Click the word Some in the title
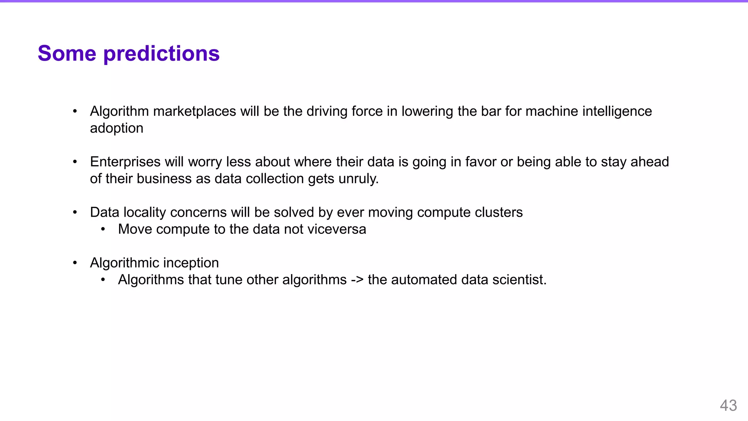point(67,53)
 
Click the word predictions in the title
point(161,54)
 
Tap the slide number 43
point(728,406)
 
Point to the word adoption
point(117,129)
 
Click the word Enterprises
point(125,162)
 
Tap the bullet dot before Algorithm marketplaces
point(75,111)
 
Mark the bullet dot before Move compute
point(103,229)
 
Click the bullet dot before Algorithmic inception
point(75,263)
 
